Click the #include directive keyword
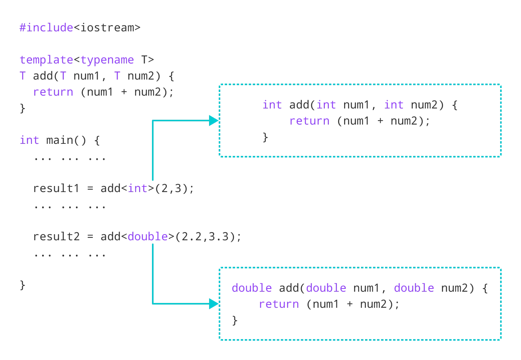pos(46,28)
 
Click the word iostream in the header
pos(107,28)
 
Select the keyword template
pos(46,60)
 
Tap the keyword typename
pos(107,60)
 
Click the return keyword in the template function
pos(53,92)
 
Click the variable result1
pos(56,188)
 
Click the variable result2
pos(56,237)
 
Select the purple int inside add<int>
pos(137,188)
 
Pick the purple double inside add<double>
pos(148,237)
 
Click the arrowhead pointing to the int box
pos(213,121)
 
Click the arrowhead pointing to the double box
pos(213,304)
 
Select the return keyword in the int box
pos(309,121)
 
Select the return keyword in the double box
pos(279,304)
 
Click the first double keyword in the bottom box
pos(252,288)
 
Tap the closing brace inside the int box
pos(265,137)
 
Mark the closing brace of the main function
pos(23,285)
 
